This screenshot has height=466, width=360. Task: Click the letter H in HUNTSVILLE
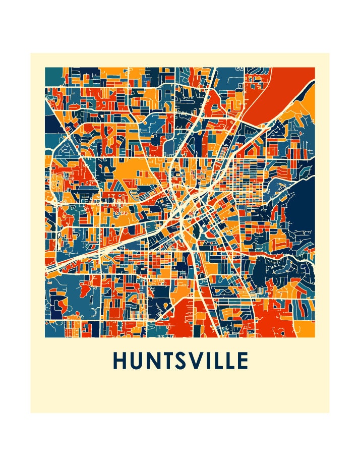(x=121, y=361)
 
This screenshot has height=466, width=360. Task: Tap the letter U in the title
(x=137, y=361)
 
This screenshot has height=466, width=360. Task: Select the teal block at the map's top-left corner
(x=52, y=76)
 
